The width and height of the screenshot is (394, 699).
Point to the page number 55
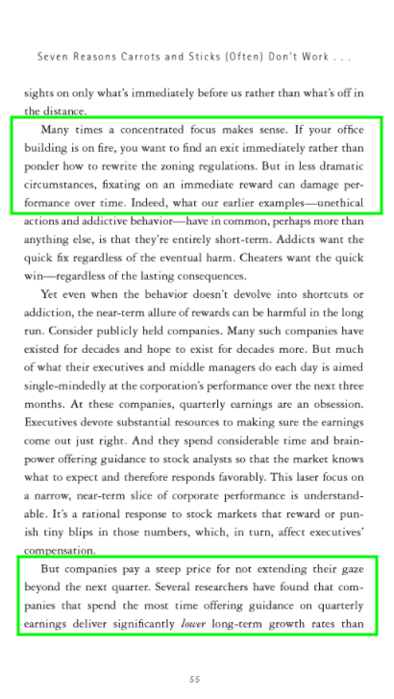tap(195, 679)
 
